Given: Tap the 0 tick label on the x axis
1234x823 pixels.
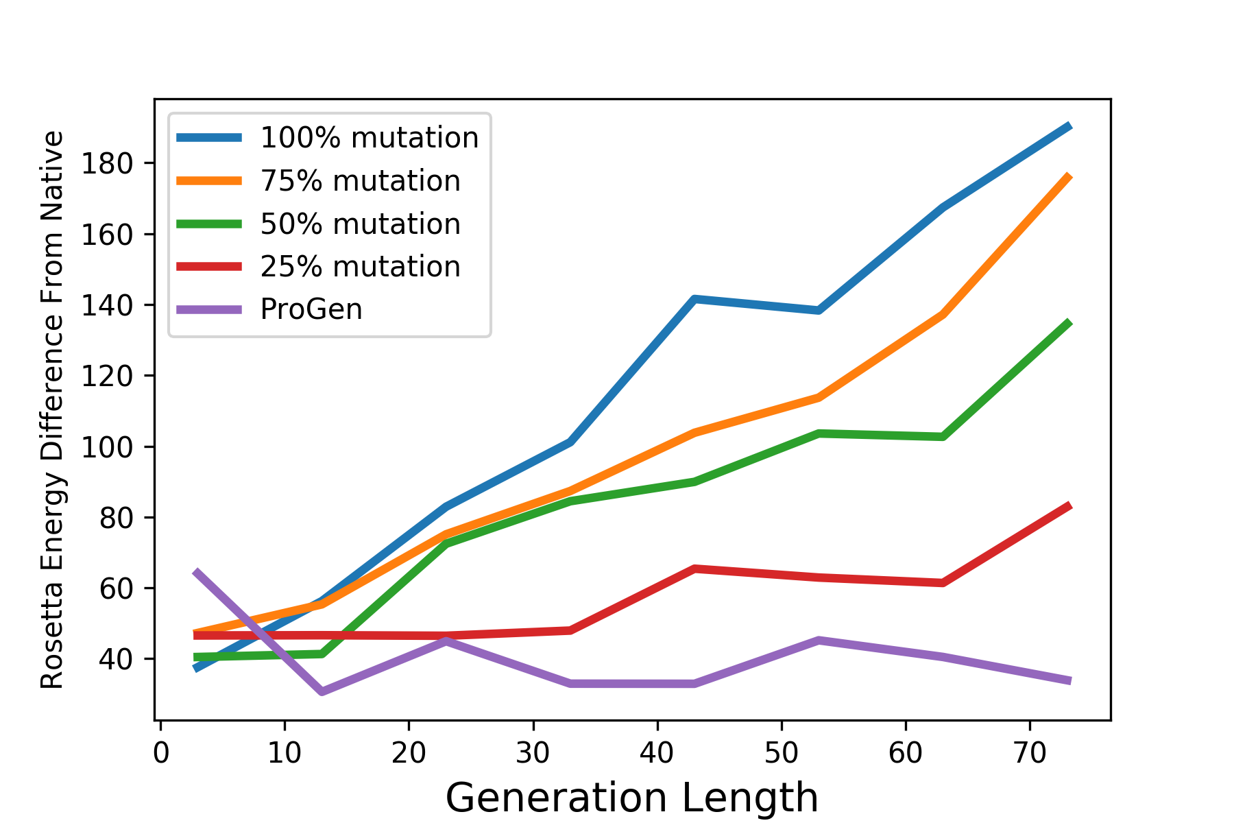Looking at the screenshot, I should [x=160, y=754].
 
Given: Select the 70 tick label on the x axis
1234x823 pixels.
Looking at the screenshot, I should [x=1030, y=754].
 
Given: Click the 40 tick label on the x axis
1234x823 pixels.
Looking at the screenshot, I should [x=657, y=754].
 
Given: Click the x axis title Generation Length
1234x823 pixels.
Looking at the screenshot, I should [x=631, y=798].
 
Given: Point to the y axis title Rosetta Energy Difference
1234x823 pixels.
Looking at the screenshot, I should [x=52, y=409].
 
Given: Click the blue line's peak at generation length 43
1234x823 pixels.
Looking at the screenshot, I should [x=694, y=299].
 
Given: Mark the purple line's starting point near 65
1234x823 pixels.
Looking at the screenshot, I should [x=197, y=572].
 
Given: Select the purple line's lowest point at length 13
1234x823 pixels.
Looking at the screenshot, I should [x=322, y=691].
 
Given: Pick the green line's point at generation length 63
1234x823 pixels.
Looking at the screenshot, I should [x=943, y=436].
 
